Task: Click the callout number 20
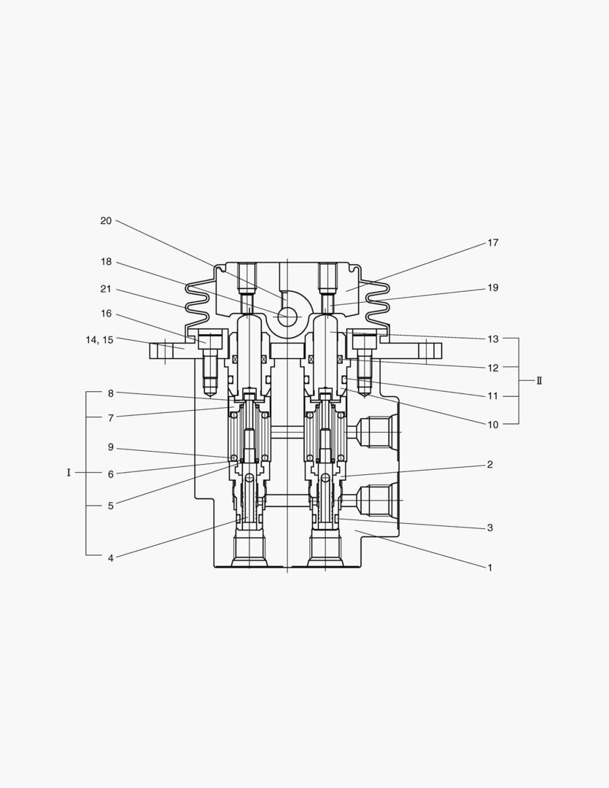(x=106, y=220)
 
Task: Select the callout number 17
(x=493, y=243)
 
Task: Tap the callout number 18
(x=106, y=261)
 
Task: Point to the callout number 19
(x=493, y=287)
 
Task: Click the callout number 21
(x=106, y=289)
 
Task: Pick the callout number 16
(x=106, y=313)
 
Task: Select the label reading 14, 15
(x=98, y=339)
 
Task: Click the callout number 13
(x=493, y=339)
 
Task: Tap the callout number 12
(x=493, y=368)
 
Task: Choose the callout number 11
(x=493, y=396)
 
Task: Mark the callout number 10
(x=493, y=424)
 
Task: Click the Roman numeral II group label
(x=540, y=381)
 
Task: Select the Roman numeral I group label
(x=69, y=473)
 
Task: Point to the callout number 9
(x=110, y=447)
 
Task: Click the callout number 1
(x=490, y=567)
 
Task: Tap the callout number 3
(x=490, y=528)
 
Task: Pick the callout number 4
(x=110, y=558)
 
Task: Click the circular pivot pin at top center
(x=287, y=317)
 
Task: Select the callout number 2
(x=490, y=464)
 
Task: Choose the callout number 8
(x=110, y=393)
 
